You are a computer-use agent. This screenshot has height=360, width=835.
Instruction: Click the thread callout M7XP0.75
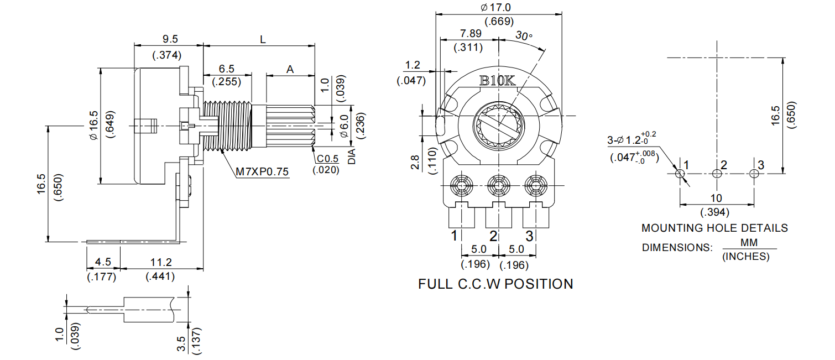click(x=263, y=171)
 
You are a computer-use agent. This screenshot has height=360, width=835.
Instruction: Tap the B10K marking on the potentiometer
click(x=497, y=81)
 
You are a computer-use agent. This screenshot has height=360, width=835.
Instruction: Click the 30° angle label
click(x=524, y=36)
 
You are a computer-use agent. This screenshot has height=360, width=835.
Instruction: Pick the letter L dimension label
click(x=263, y=39)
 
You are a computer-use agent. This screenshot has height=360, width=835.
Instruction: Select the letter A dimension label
click(x=290, y=69)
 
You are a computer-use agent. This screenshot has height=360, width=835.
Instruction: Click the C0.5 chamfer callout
click(x=328, y=159)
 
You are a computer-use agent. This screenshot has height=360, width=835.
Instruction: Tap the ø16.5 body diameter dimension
click(x=93, y=125)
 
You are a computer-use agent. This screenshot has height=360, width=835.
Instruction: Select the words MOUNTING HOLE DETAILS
click(x=714, y=228)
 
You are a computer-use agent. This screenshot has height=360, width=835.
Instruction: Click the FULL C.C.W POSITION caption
click(x=495, y=284)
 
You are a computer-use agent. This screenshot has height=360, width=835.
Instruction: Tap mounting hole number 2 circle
click(x=717, y=174)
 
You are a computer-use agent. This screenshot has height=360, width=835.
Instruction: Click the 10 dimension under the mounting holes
click(x=716, y=198)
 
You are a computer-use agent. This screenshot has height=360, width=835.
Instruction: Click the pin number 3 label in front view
click(x=529, y=236)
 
